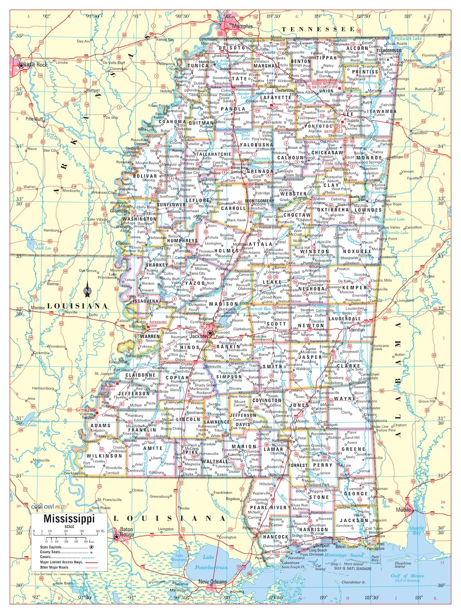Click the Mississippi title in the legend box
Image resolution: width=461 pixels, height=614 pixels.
pos(69,519)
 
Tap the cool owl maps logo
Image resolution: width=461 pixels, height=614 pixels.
pos(48,507)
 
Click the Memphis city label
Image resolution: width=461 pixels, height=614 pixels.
pos(242,26)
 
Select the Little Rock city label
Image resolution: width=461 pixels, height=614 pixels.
pos(36,65)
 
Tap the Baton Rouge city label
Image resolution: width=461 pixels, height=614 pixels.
pos(127,532)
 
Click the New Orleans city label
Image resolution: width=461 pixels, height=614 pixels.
pos(213,582)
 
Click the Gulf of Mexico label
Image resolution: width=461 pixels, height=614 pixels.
pos(408,576)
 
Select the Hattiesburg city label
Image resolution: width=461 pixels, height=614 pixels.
pos(282,441)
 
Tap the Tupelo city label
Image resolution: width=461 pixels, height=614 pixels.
pos(353,121)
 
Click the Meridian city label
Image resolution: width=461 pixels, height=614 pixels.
pos(357,330)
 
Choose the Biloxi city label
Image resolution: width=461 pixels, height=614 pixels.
pos(341,546)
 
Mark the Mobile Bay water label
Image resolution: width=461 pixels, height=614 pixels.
pos(417,530)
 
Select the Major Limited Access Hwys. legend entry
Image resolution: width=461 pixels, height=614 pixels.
pos(61,562)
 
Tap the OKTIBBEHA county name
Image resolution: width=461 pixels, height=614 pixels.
pos(333,210)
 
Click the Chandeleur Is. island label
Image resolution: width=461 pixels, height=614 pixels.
pos(353,582)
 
